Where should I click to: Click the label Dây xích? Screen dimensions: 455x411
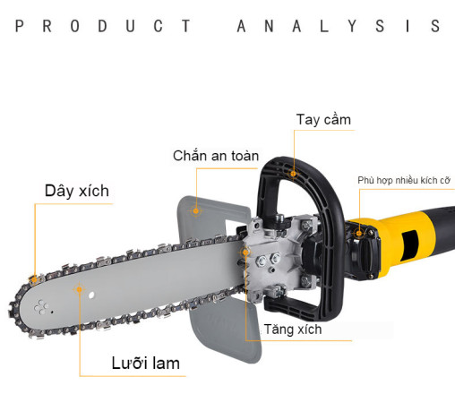tap(77, 191)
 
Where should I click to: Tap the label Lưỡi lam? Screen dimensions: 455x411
tap(146, 364)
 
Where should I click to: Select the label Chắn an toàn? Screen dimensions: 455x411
tap(216, 156)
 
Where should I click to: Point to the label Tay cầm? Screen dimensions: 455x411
tap(323, 120)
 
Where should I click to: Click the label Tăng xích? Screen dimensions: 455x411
tap(293, 330)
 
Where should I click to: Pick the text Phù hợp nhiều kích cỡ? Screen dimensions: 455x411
tap(404, 180)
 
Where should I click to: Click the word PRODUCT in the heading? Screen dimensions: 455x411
tap(103, 26)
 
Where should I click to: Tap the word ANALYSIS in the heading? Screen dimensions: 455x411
tap(339, 26)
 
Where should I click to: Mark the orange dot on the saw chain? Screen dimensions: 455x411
tap(35, 279)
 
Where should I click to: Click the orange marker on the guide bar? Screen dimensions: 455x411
tap(79, 289)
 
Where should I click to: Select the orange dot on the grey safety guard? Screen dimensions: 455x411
tap(196, 211)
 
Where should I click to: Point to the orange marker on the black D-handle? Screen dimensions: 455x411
tap(293, 174)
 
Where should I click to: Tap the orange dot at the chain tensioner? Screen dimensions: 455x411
tap(245, 253)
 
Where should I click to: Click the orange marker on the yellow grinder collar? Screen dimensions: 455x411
tap(359, 234)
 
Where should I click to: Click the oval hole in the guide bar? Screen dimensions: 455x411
tap(91, 295)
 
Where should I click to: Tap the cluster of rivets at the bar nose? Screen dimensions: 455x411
tap(40, 307)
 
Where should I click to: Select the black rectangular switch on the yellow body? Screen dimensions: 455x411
tap(410, 244)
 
